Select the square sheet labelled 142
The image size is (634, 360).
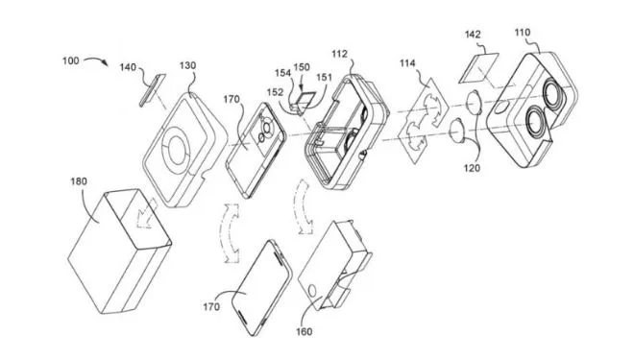coord(479,68)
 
